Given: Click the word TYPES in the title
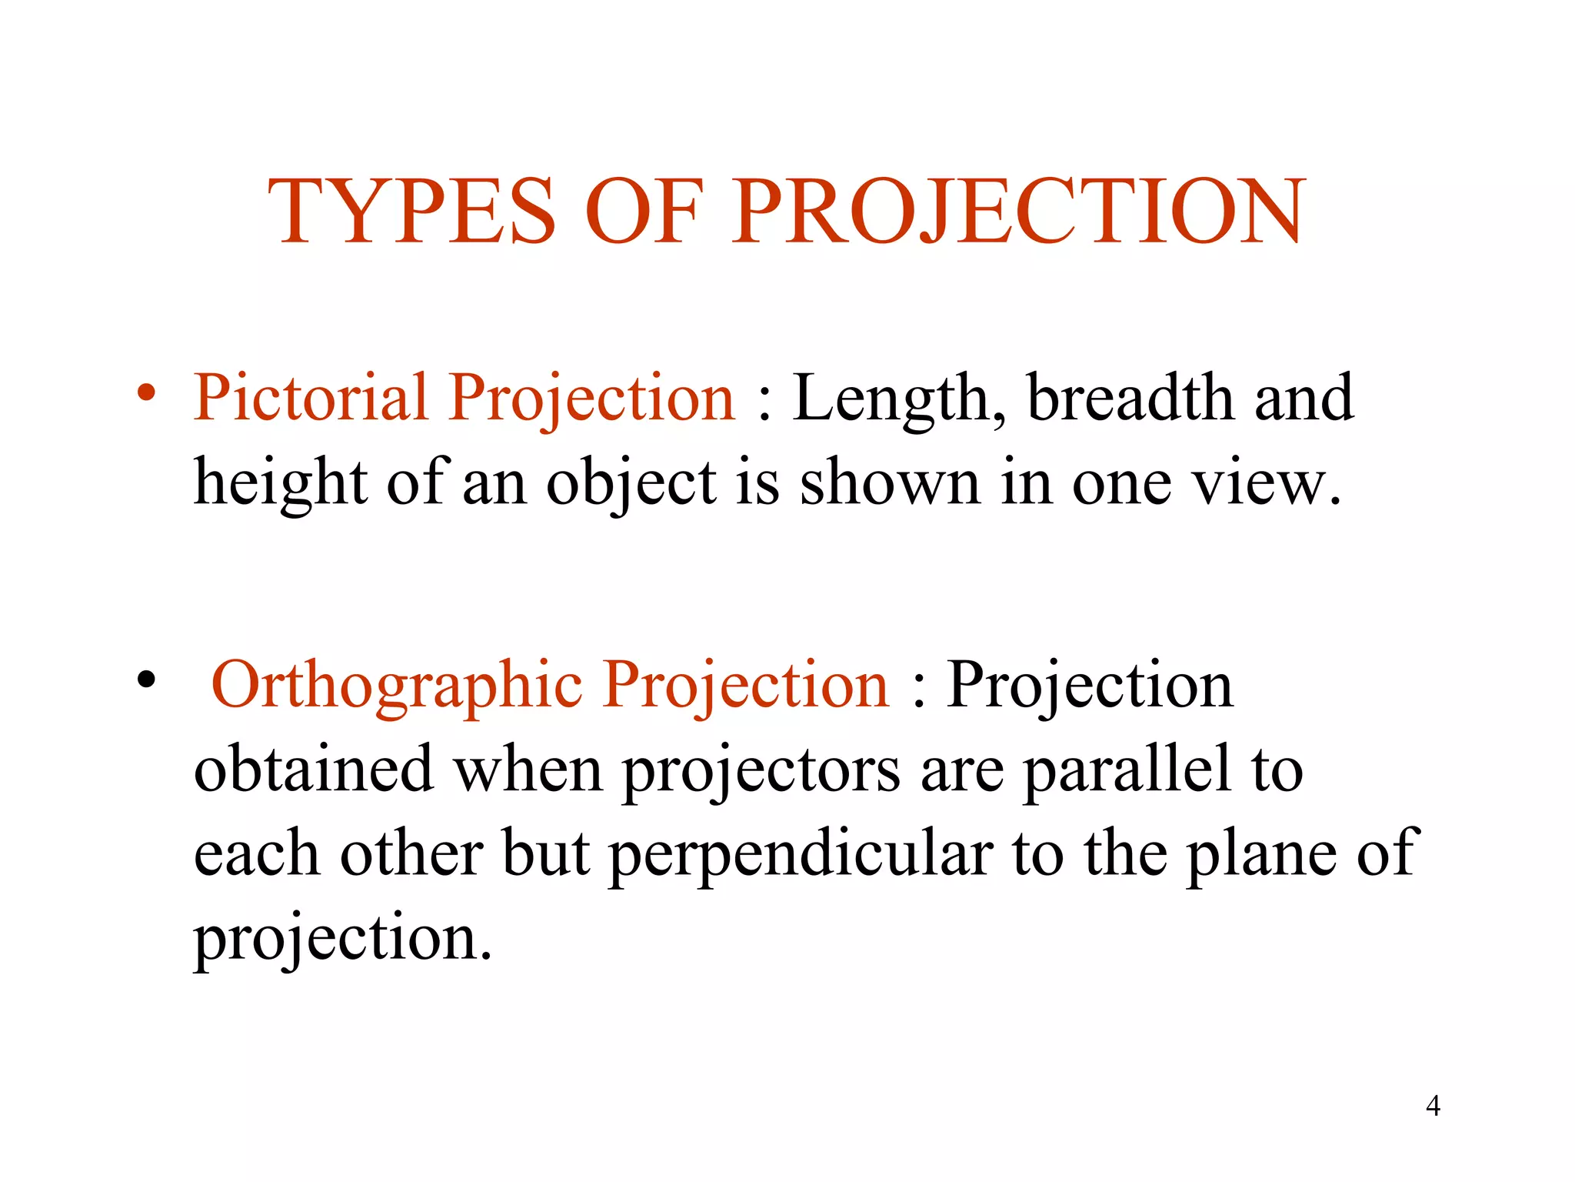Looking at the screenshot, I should pyautogui.click(x=411, y=212).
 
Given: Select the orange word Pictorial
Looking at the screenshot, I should pyautogui.click(x=310, y=398).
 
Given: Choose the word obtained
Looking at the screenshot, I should pyautogui.click(x=314, y=769).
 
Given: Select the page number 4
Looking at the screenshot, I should pyautogui.click(x=1433, y=1106).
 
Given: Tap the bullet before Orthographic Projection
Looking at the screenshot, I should pyautogui.click(x=146, y=680).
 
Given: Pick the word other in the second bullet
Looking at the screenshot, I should pyautogui.click(x=411, y=853).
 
